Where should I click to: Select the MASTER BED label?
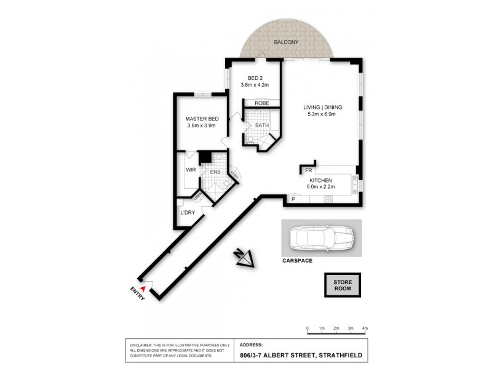202,119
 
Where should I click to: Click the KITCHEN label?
320,181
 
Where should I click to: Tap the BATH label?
262,125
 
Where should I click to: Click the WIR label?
190,170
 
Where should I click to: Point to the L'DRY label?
187,213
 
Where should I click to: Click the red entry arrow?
143,287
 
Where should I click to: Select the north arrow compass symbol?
244,258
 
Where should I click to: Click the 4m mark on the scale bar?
365,329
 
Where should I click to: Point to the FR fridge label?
309,169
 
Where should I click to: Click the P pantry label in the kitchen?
293,199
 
